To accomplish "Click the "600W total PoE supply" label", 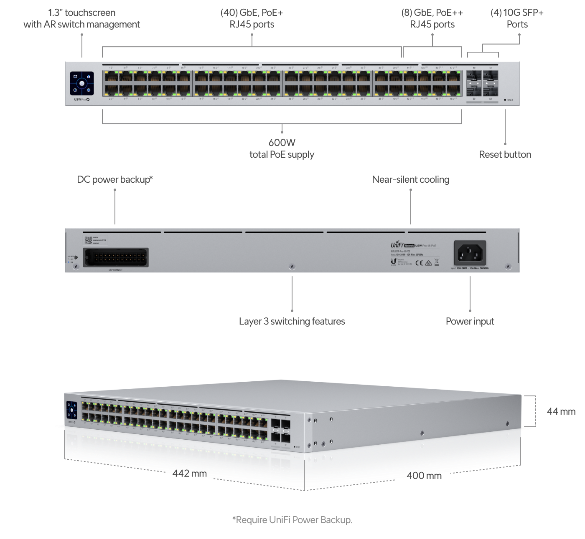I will pos(282,149).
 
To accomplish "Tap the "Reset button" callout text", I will pos(505,154).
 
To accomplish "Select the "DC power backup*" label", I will pos(115,179).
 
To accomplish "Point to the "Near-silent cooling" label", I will pos(411,179).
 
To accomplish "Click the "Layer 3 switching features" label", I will pos(292,321).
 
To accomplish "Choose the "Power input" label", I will pos(470,321).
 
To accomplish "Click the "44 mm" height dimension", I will pos(561,411).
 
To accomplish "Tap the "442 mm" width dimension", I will pos(190,473).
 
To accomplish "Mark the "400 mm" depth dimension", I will pos(424,475).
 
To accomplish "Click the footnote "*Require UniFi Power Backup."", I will pos(292,520).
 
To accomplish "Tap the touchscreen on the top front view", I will pos(82,83).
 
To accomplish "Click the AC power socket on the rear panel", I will pos(470,253).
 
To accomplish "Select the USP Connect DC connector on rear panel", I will pos(116,257).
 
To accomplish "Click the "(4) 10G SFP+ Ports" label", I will pos(517,18).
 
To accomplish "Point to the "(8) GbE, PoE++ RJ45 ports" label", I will pos(432,18).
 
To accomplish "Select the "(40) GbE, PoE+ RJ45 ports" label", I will pos(252,18).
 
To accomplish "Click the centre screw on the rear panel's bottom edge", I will pos(292,266).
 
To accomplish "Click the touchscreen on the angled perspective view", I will pos(72,410).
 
